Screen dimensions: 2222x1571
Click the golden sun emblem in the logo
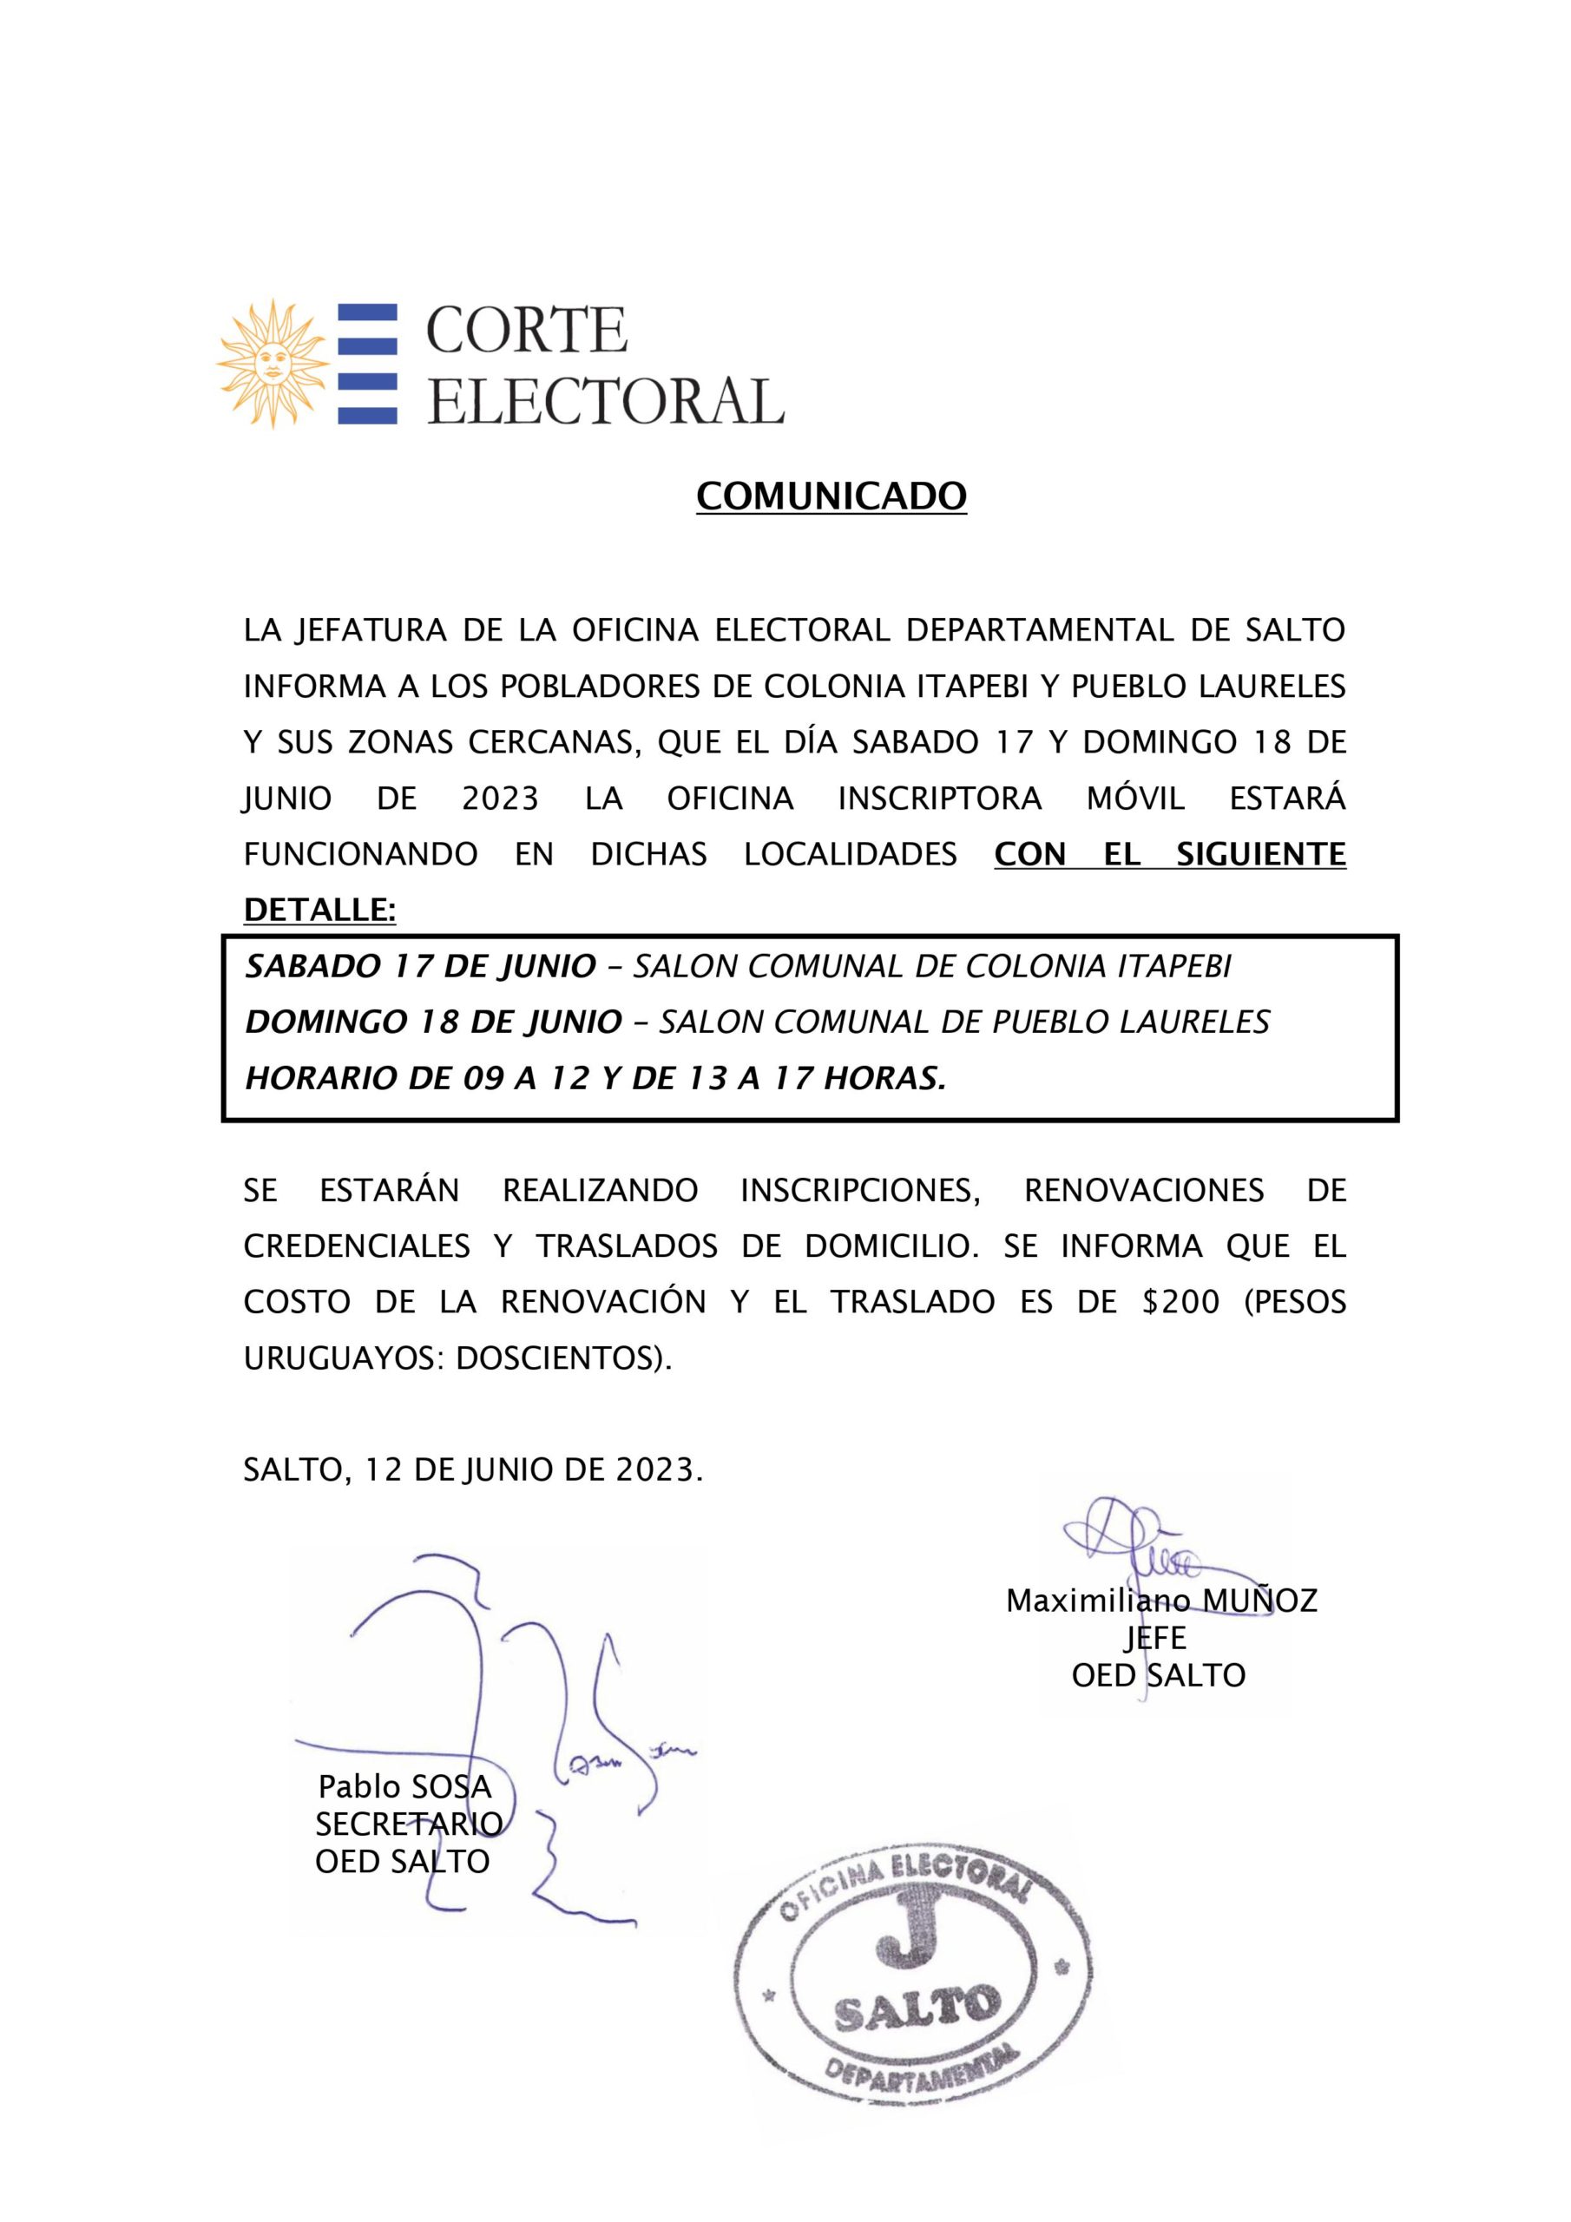click(272, 363)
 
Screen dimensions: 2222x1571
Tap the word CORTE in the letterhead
click(527, 331)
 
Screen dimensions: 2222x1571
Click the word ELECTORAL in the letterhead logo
click(605, 401)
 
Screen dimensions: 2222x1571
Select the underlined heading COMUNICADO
click(832, 496)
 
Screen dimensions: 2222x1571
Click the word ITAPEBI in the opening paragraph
click(981, 687)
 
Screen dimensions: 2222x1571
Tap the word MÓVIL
click(1140, 799)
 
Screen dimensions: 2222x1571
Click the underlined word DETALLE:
click(319, 910)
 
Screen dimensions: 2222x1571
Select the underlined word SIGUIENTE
click(1260, 855)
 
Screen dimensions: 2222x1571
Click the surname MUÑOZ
click(1259, 1601)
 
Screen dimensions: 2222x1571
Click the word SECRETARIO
click(409, 1824)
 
